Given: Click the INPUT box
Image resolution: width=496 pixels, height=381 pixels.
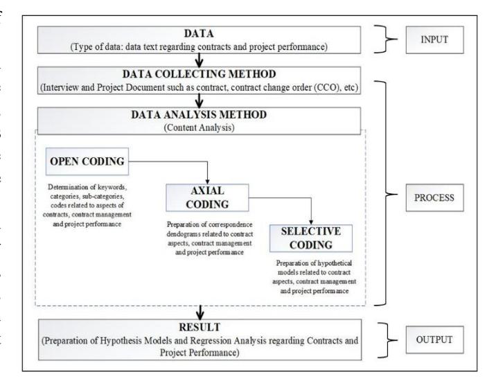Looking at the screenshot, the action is [x=434, y=40].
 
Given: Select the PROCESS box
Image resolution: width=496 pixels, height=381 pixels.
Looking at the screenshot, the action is [x=434, y=198].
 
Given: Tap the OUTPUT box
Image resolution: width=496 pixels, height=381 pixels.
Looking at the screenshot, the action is [x=434, y=340].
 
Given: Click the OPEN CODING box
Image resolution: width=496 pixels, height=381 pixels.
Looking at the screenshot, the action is [x=87, y=161].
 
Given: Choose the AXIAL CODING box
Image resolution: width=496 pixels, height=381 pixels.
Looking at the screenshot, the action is [x=207, y=198].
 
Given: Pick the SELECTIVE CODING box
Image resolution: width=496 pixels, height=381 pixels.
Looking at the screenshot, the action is [x=311, y=238].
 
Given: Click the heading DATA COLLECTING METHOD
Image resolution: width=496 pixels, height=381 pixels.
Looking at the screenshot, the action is [x=199, y=74].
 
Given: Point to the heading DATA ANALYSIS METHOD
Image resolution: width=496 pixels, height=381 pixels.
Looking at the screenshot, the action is [x=199, y=114].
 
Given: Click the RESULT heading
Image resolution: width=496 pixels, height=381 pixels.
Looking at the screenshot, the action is [x=200, y=327].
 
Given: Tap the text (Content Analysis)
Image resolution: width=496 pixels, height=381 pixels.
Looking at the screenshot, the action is [x=199, y=127].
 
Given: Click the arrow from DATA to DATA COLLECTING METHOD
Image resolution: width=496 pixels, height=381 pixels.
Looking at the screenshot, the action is [x=199, y=60].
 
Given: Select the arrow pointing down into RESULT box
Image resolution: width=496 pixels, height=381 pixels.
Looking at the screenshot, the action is [x=200, y=312].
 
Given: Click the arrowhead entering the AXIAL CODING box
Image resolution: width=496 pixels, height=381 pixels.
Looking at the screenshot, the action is [x=208, y=181].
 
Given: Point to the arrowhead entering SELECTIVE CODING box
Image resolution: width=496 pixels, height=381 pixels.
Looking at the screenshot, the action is [x=311, y=222].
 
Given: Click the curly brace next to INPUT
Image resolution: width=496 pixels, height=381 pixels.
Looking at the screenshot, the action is [x=385, y=39].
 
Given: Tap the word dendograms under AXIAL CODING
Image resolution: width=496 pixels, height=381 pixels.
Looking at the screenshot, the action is [x=182, y=234].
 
